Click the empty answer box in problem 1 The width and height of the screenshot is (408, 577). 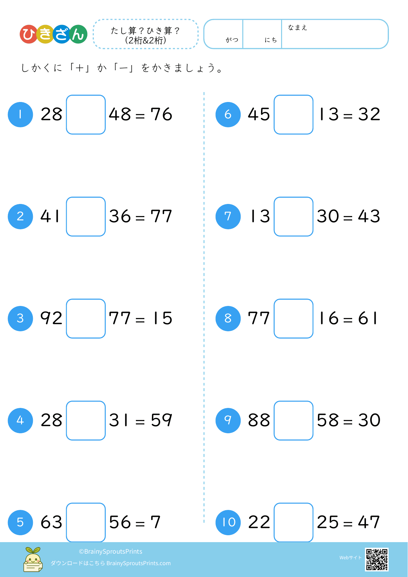(x=86, y=114)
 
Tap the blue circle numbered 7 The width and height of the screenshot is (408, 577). (x=228, y=216)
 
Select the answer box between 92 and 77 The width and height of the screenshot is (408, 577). (x=86, y=318)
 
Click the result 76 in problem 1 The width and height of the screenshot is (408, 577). (x=161, y=114)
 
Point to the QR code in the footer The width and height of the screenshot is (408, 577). (x=377, y=559)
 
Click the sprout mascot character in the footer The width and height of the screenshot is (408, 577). (x=33, y=560)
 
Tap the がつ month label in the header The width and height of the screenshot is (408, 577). (x=232, y=40)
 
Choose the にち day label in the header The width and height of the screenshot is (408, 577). (x=271, y=40)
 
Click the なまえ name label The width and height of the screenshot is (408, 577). (x=297, y=28)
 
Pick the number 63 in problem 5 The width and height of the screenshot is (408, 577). (x=51, y=522)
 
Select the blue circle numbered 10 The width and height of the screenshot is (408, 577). (x=228, y=522)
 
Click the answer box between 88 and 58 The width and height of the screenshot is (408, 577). (x=294, y=420)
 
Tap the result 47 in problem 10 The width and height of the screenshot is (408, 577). (x=369, y=522)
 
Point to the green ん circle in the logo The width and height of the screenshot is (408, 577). (x=79, y=34)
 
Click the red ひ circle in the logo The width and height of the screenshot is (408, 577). (x=29, y=34)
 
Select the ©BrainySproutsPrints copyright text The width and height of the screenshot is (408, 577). (x=110, y=552)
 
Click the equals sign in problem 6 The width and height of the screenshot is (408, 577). (x=348, y=116)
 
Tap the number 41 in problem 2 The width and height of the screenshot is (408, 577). (x=50, y=216)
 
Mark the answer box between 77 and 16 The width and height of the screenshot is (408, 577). (x=294, y=318)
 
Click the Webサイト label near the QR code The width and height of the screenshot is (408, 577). (x=350, y=558)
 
